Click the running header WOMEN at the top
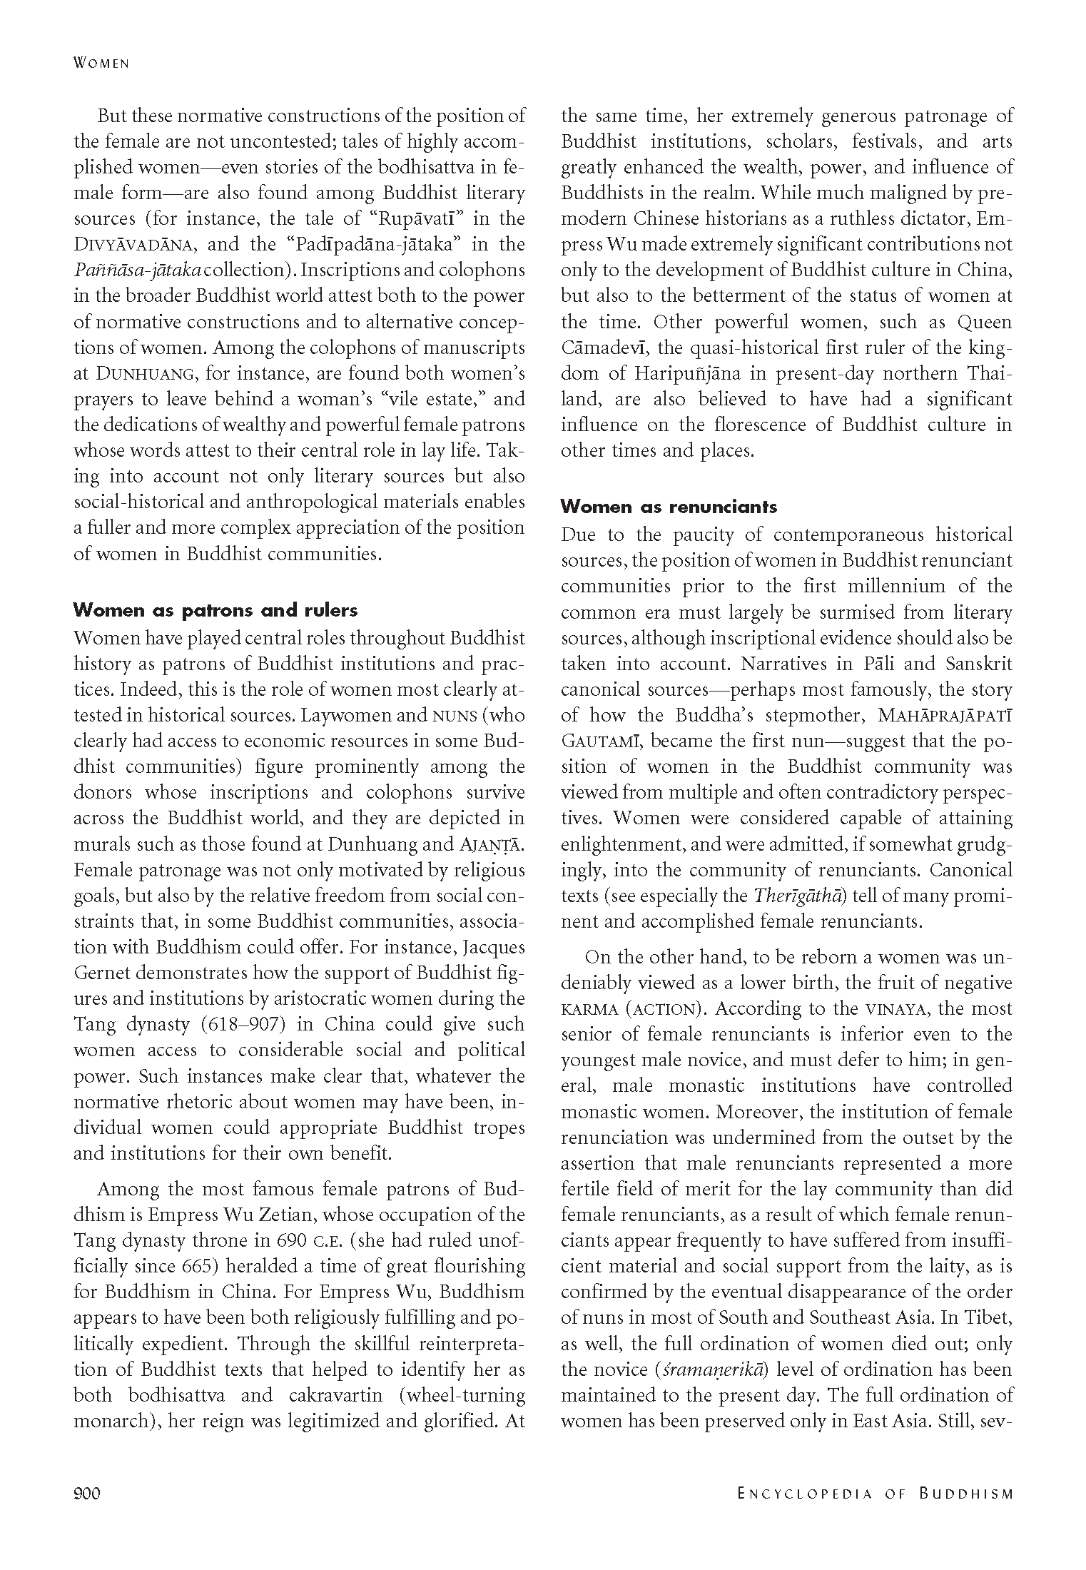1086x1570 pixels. point(101,64)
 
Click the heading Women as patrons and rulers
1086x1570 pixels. point(215,610)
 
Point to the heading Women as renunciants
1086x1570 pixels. point(669,507)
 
